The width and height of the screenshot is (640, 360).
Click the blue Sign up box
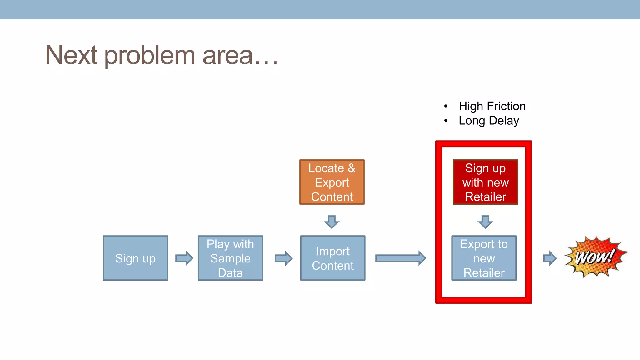tap(135, 258)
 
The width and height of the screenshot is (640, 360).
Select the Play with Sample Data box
tap(230, 258)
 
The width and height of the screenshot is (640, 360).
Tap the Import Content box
tap(332, 258)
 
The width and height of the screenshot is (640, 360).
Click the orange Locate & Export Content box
tap(332, 182)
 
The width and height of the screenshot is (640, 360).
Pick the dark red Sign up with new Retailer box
tap(485, 182)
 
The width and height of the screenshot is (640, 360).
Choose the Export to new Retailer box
tap(484, 258)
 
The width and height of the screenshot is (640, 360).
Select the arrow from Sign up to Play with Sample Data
tap(184, 258)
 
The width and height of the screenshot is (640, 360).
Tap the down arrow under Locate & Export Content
tap(332, 222)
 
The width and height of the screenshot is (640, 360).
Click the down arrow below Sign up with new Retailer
tap(485, 222)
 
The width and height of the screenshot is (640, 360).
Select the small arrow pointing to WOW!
tap(550, 258)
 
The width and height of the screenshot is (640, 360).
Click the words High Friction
tap(492, 106)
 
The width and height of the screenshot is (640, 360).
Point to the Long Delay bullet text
tap(489, 121)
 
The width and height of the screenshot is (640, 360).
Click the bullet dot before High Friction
tap(446, 106)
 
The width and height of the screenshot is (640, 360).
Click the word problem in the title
tap(150, 56)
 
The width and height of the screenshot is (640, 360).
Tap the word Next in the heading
tap(72, 55)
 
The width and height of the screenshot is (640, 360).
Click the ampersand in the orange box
tap(352, 168)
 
